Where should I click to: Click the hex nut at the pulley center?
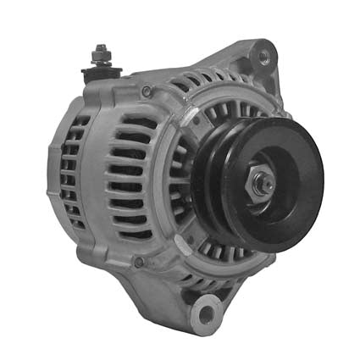click(262, 184)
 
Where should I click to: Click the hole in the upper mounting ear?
click(263, 57)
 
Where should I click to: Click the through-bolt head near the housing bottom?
click(139, 262)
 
